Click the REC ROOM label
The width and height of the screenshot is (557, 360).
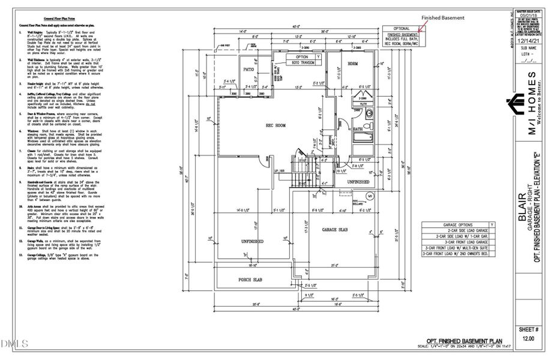(x=280, y=125)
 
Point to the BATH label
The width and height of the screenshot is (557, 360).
(x=358, y=128)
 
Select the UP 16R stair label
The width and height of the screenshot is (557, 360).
(x=280, y=171)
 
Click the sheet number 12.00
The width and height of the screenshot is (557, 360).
(x=528, y=338)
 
